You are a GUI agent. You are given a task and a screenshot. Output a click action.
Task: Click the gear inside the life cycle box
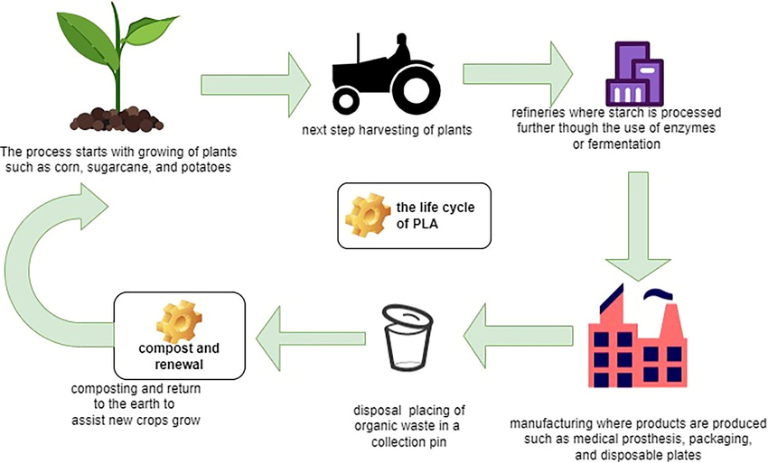[369, 215]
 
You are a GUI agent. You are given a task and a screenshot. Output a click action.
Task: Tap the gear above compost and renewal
[179, 317]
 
